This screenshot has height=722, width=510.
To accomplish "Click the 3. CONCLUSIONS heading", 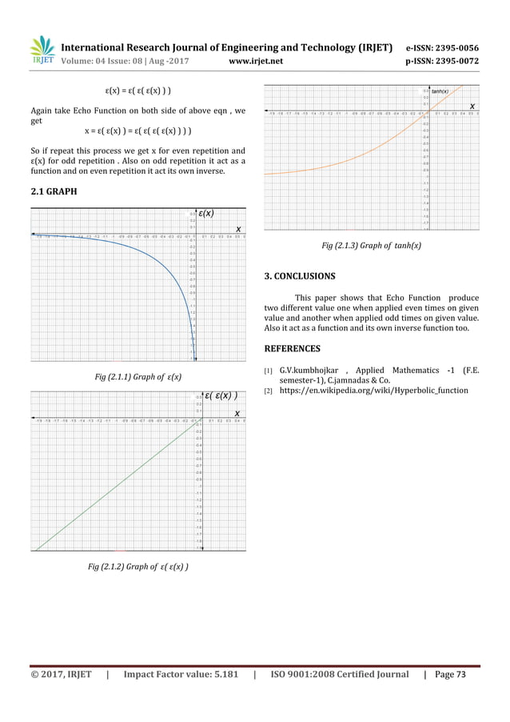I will [300, 276].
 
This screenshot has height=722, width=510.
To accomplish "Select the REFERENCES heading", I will [292, 349].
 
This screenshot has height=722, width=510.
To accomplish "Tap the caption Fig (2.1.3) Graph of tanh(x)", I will [370, 246].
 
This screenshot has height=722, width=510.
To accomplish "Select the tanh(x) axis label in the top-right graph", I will [440, 91].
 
